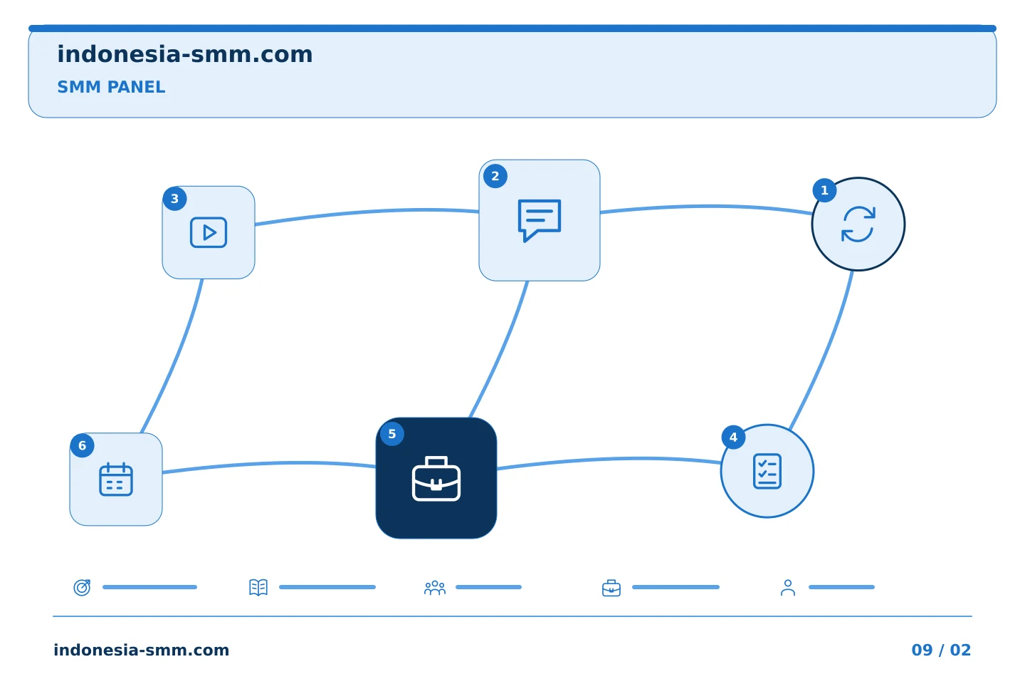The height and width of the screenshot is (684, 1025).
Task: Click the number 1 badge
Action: click(x=824, y=190)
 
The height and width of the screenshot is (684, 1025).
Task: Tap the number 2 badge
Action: click(x=495, y=176)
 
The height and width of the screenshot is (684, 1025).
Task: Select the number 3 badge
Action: click(x=174, y=198)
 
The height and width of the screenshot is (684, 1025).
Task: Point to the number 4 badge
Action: click(x=733, y=437)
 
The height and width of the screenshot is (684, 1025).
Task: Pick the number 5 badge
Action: click(x=392, y=434)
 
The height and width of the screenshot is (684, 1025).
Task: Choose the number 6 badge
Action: click(x=83, y=445)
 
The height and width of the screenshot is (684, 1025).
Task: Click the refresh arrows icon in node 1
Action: click(x=858, y=224)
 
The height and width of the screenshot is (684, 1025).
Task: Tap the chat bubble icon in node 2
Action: click(x=540, y=220)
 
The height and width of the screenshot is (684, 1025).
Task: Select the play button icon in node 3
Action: click(x=209, y=232)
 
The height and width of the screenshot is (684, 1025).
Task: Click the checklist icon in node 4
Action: click(x=767, y=472)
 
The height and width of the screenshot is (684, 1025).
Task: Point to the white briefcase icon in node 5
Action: click(x=436, y=478)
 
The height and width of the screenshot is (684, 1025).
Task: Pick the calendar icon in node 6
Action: click(x=116, y=480)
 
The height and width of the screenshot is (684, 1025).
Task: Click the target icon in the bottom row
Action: click(x=83, y=587)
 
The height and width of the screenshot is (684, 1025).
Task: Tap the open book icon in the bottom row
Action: click(x=258, y=587)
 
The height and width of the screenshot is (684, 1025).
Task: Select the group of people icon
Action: click(x=435, y=588)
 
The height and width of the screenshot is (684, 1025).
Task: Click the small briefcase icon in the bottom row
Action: click(x=611, y=588)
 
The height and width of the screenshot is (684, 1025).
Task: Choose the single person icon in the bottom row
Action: click(x=788, y=588)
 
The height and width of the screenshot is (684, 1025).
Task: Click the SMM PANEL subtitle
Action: click(x=111, y=87)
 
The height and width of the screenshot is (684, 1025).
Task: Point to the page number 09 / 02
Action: click(x=941, y=650)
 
